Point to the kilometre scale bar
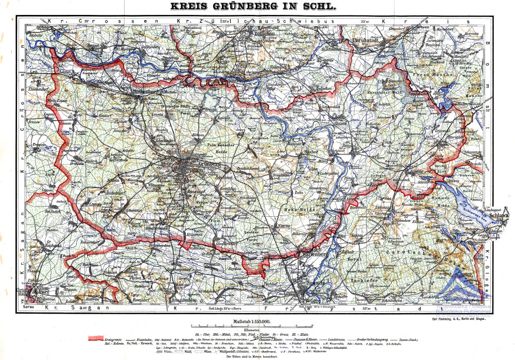(x=251, y=326)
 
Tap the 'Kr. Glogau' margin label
(x=487, y=273)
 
